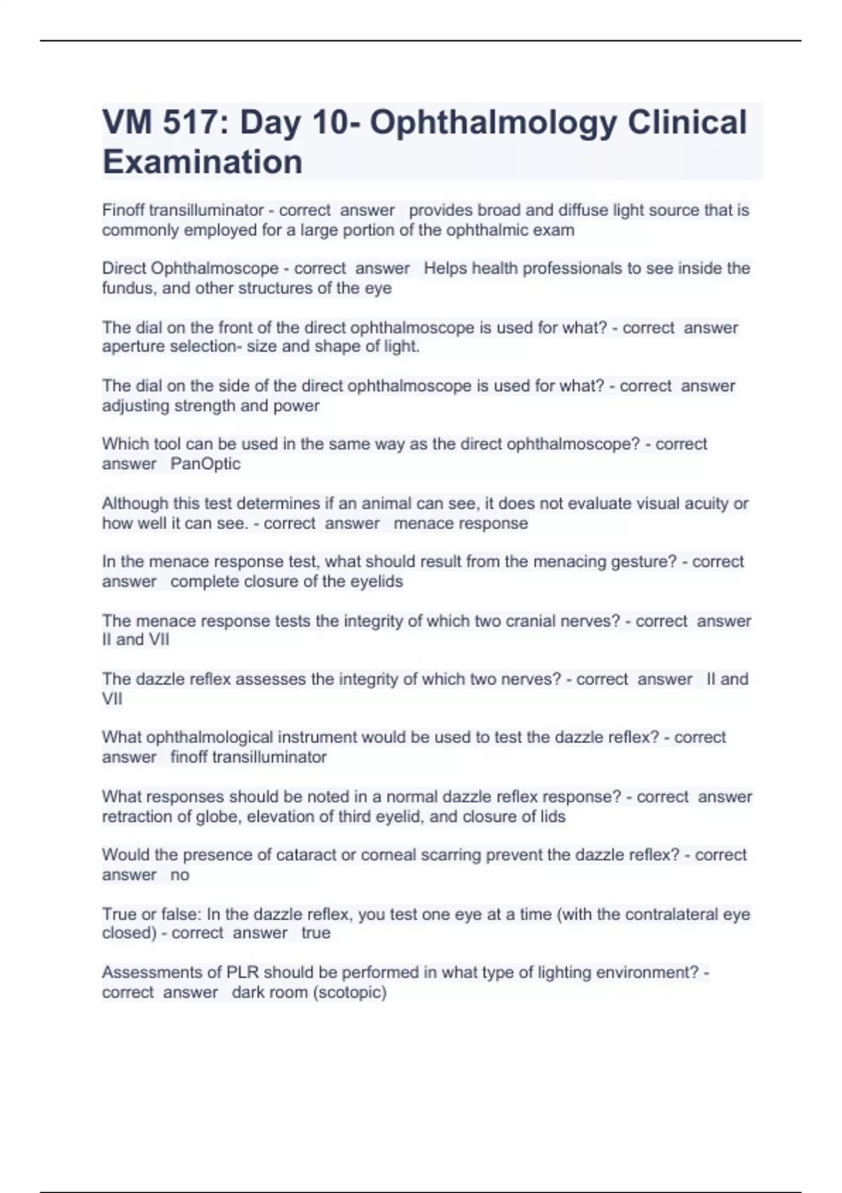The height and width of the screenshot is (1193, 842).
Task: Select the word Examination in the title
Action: point(202,162)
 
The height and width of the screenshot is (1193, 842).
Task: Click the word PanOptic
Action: point(206,464)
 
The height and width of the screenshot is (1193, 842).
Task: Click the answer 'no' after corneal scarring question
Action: point(180,875)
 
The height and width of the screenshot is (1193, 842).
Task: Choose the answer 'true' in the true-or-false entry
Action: point(316,933)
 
